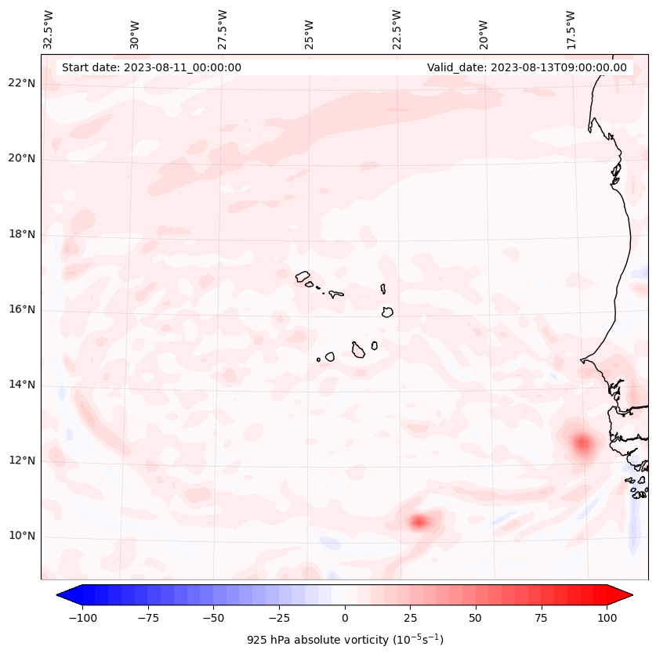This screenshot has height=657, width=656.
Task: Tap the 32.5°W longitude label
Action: (x=49, y=29)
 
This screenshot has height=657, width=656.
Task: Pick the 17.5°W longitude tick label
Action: (x=571, y=29)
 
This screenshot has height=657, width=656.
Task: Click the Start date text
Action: (x=151, y=67)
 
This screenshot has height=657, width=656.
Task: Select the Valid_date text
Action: (x=527, y=67)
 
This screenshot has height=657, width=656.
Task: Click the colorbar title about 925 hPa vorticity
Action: (x=345, y=640)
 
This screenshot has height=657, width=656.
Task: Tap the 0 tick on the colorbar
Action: (x=345, y=617)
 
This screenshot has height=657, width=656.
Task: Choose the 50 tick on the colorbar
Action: (x=476, y=617)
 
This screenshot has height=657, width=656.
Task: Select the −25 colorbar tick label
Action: (x=279, y=617)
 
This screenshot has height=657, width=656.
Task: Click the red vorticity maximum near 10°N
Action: (x=419, y=521)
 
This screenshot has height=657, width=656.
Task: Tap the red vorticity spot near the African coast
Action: (x=582, y=443)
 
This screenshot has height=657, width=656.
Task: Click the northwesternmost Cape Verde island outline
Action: (x=303, y=276)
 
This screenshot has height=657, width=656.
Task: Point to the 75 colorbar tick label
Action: (x=542, y=617)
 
